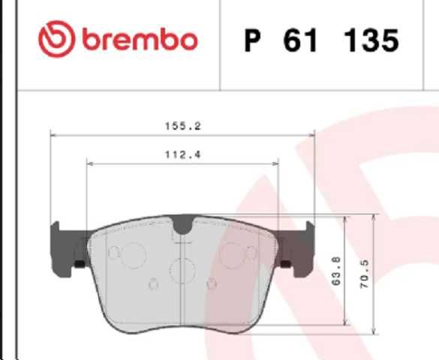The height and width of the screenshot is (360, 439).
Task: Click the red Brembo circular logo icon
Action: [x=56, y=39]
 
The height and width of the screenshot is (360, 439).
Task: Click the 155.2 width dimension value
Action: [x=182, y=126]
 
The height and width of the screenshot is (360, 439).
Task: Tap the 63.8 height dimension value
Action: [x=337, y=271]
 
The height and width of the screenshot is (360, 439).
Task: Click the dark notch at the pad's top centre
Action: [x=182, y=223]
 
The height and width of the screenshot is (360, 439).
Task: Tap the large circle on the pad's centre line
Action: [x=182, y=270]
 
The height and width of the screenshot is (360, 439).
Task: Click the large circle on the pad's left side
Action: [x=134, y=256]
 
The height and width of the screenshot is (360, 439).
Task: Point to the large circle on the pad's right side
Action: [x=230, y=256]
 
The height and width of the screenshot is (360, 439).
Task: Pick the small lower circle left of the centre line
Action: [x=154, y=283]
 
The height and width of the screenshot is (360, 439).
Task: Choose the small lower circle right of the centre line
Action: [x=211, y=283]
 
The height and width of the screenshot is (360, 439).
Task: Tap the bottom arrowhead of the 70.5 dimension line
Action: [x=374, y=330]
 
